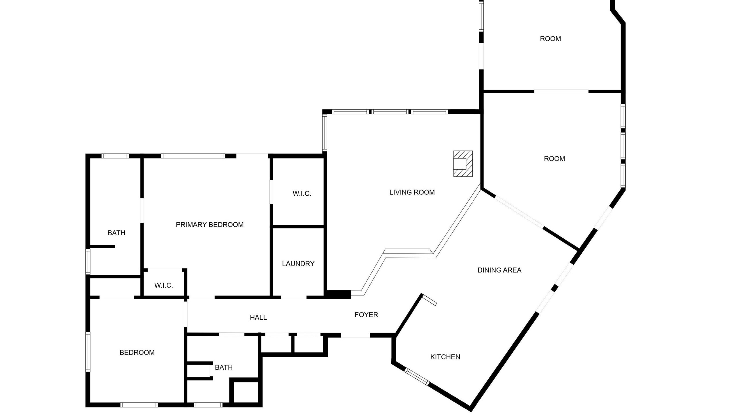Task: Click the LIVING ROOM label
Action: click(412, 192)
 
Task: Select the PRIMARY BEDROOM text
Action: click(210, 224)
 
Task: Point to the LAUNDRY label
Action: click(298, 264)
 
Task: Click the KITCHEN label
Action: click(445, 357)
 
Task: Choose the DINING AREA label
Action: click(499, 270)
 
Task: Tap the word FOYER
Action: click(366, 314)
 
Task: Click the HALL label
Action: click(258, 317)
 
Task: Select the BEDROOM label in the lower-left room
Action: click(137, 352)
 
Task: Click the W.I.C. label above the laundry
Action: click(302, 194)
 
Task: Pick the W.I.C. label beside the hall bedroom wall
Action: click(164, 285)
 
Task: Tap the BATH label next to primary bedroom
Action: click(116, 233)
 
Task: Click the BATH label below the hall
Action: click(224, 367)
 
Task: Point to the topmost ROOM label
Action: click(550, 39)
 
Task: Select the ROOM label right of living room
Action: click(554, 159)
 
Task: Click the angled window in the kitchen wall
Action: click(417, 376)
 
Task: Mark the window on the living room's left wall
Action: click(325, 133)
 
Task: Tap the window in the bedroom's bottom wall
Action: click(139, 405)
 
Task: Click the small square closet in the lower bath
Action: click(246, 392)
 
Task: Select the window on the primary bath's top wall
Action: click(115, 156)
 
